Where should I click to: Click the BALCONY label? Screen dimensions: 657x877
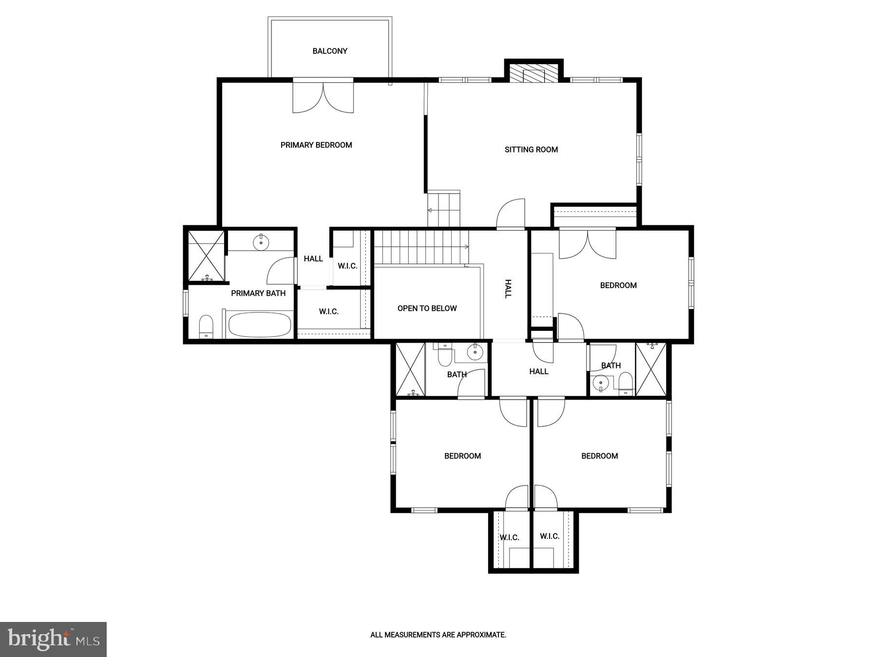(x=330, y=51)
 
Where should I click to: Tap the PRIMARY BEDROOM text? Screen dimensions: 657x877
(x=316, y=145)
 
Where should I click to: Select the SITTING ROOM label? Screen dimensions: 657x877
(x=531, y=150)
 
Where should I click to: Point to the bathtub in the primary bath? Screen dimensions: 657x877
(x=260, y=325)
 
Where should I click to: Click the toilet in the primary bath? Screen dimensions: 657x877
(x=206, y=326)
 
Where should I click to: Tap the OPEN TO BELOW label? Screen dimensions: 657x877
(x=427, y=309)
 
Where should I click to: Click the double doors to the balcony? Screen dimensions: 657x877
(x=323, y=96)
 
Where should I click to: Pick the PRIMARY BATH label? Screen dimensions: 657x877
(x=258, y=293)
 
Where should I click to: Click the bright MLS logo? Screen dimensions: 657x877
(x=53, y=639)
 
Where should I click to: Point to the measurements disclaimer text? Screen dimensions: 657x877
(x=438, y=635)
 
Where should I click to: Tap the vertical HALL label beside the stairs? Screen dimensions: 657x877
(x=508, y=289)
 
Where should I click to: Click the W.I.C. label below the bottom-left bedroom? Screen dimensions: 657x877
(x=509, y=538)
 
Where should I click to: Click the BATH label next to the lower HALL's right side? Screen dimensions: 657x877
(x=611, y=365)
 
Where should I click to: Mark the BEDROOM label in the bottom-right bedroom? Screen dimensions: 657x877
(x=599, y=456)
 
